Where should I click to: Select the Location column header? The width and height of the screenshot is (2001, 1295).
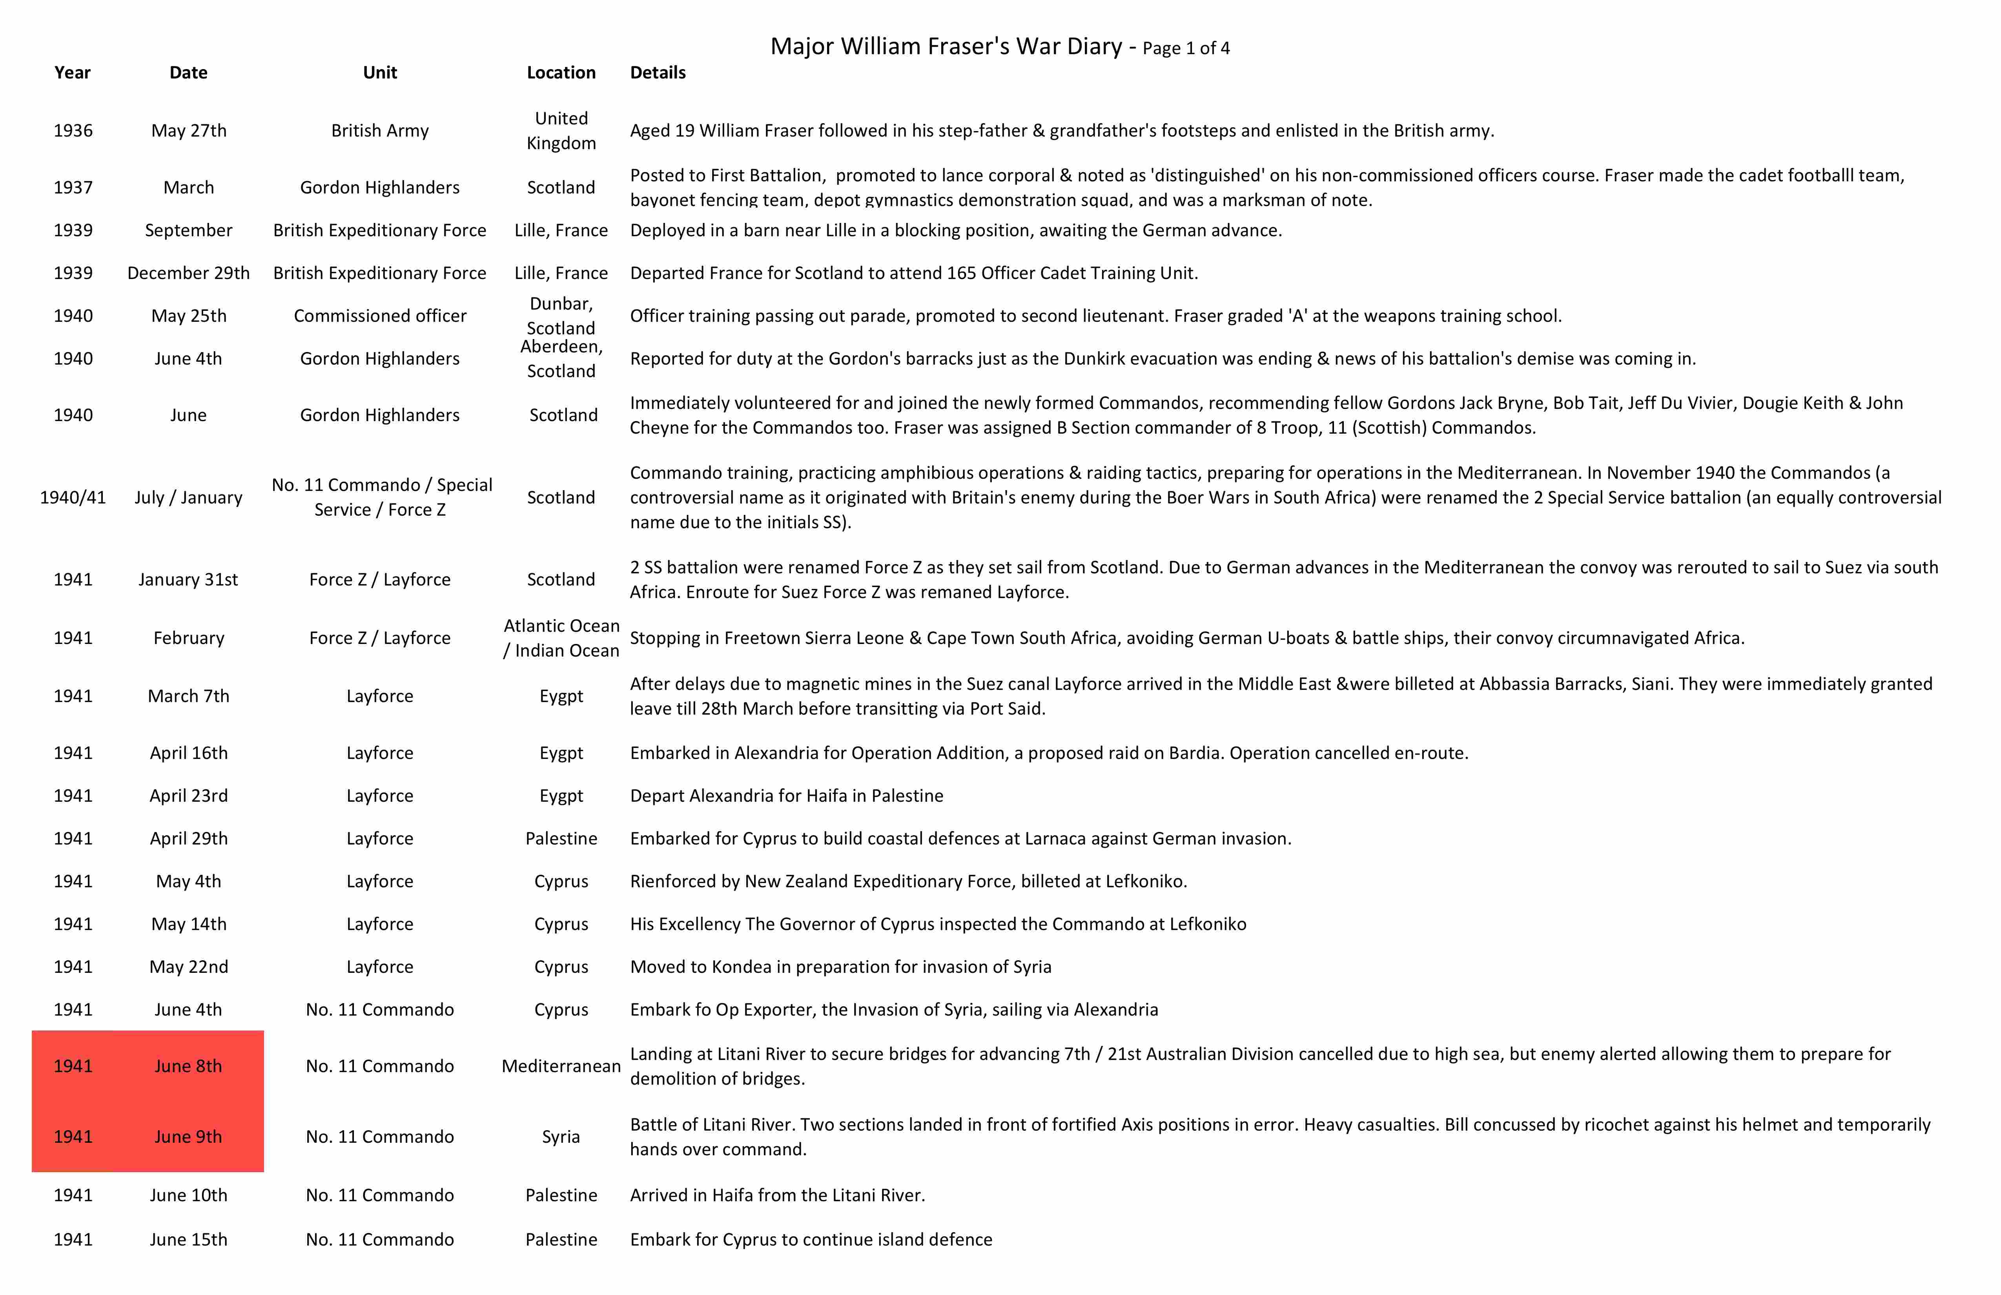tap(561, 72)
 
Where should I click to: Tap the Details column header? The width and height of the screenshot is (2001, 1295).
tap(658, 72)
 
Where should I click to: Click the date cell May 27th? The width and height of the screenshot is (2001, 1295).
tap(188, 130)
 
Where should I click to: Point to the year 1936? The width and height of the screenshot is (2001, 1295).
tap(73, 130)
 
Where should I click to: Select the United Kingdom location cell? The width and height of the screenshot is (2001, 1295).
tap(561, 130)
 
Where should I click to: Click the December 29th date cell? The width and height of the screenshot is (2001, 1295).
tap(188, 273)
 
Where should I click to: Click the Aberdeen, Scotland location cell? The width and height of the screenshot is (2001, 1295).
tap(561, 359)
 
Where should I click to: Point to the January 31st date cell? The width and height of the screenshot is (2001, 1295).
tap(188, 579)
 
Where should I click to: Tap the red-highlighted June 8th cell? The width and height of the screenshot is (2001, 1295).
tap(188, 1066)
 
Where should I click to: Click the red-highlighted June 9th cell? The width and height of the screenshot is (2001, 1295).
tap(188, 1137)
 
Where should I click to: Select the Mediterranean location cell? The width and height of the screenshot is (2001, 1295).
tap(561, 1066)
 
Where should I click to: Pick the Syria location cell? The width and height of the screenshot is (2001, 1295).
tap(561, 1137)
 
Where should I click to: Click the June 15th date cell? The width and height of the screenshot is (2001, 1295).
tap(188, 1240)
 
